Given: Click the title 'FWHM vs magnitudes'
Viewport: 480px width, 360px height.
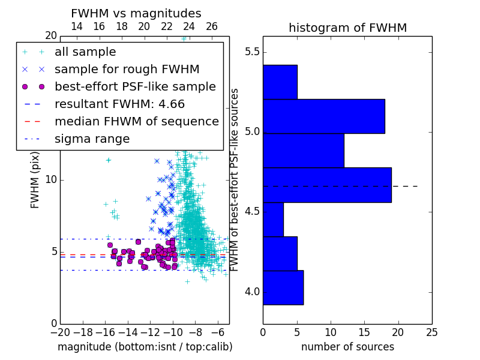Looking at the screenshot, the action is pos(136,13).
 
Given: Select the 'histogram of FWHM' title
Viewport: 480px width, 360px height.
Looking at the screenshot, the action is pos(348,28).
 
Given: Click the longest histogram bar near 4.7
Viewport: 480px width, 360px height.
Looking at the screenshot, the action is pos(327,185).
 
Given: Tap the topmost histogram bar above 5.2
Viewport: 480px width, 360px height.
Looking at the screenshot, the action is pos(280,82).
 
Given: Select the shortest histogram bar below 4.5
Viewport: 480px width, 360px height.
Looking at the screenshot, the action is pos(274,219).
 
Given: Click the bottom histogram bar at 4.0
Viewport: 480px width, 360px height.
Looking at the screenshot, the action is pos(283,287).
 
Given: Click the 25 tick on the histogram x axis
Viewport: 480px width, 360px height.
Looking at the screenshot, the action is pos(431,332).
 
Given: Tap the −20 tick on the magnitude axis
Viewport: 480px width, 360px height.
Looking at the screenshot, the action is pos(61,332).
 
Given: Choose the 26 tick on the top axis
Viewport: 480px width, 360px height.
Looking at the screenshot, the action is pos(212,26).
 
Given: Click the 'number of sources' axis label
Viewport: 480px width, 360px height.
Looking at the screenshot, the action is pos(348,347).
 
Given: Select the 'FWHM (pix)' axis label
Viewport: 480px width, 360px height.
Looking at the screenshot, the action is pos(35,180).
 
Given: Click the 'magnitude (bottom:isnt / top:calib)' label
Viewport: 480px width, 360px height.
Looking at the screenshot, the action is pos(145,347).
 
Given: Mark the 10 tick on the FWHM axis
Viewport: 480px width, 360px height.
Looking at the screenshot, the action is pos(51,179).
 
